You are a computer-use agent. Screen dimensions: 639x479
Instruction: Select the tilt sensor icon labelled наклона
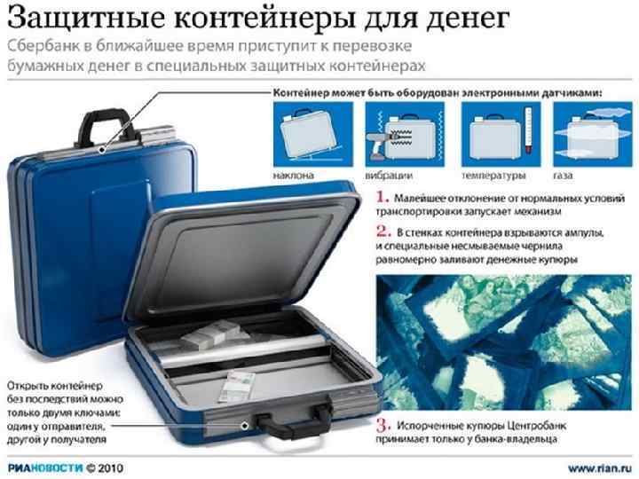point(313,134)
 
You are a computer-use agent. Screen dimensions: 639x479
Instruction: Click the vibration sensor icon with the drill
point(405,134)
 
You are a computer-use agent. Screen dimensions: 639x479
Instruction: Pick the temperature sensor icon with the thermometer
point(501,134)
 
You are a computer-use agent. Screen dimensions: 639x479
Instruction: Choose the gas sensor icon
point(593,134)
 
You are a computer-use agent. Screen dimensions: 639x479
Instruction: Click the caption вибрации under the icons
point(389,176)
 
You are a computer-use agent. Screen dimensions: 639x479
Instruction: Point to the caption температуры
point(493,176)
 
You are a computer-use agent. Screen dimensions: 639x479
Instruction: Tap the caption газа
point(563,176)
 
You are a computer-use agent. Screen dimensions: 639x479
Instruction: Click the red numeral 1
point(382,197)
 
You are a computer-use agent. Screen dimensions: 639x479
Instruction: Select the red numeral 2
point(383,232)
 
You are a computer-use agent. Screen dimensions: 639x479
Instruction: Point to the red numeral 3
point(383,425)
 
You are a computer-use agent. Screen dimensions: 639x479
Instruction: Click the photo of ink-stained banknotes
point(504,342)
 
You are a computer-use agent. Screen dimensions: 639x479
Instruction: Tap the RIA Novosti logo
point(45,468)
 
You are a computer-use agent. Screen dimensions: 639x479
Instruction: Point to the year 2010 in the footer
point(110,468)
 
